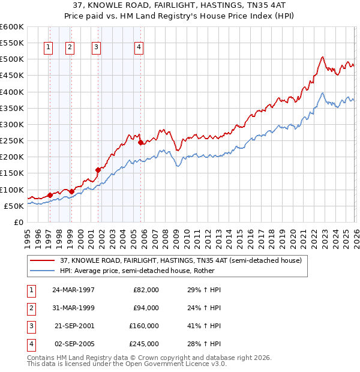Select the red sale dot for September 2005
[x=140, y=143]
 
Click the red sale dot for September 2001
[x=98, y=170]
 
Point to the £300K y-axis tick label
[x=11, y=124]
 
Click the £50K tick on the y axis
[x=14, y=206]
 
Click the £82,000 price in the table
[x=146, y=290]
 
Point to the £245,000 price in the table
[x=144, y=344]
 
